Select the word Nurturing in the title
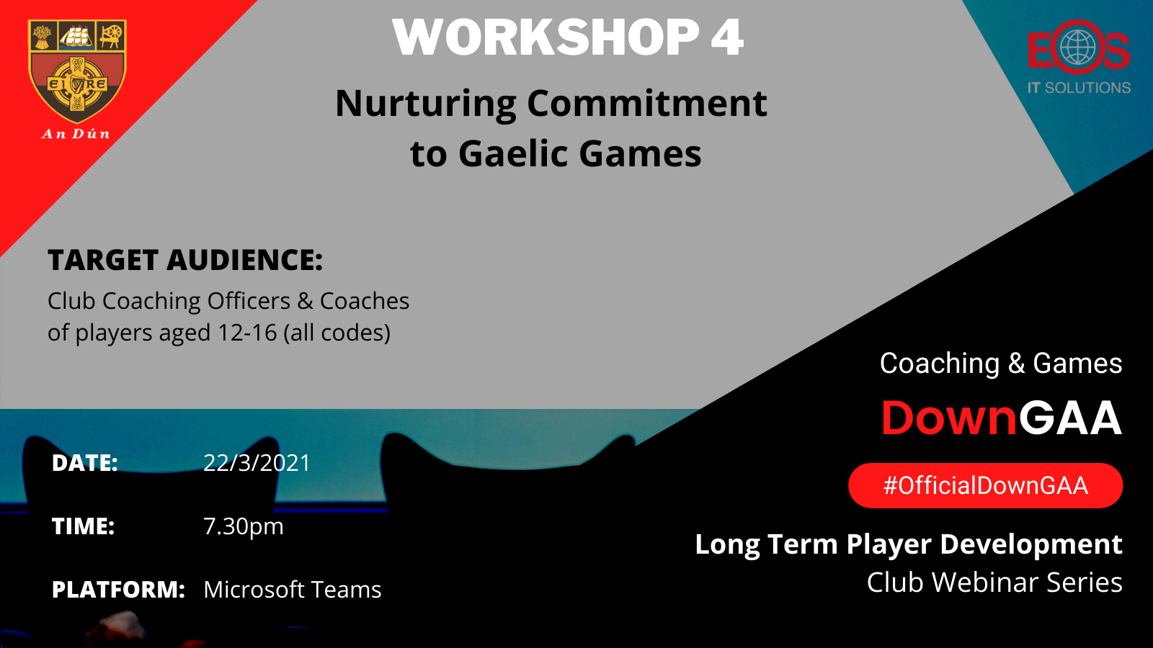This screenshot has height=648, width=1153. click(426, 104)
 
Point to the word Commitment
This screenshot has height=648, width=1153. click(647, 104)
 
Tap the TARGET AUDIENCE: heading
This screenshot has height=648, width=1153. click(185, 260)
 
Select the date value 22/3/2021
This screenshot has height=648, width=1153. click(257, 463)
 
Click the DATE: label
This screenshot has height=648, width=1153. click(85, 463)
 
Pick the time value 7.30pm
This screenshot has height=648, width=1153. click(244, 526)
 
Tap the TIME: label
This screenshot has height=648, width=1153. click(84, 526)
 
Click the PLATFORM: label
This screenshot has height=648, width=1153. click(118, 590)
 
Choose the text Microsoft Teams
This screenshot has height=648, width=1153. click(293, 590)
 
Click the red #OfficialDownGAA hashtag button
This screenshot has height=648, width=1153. click(985, 485)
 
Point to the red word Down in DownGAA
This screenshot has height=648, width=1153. click(949, 418)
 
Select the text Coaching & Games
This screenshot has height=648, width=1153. click(1001, 364)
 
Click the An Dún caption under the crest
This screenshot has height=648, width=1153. click(76, 134)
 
